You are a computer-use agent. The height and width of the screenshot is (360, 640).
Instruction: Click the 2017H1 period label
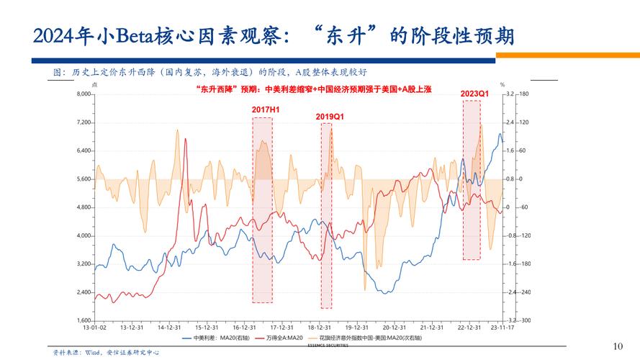[x=266, y=109]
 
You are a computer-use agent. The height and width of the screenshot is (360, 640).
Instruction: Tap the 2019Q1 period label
[x=330, y=116]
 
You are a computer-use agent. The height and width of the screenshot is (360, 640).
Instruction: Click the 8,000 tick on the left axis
[x=85, y=94]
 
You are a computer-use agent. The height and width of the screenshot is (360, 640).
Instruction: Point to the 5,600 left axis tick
[x=85, y=179]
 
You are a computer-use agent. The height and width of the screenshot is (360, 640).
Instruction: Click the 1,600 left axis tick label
[x=85, y=320]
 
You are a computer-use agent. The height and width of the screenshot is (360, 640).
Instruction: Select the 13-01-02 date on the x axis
[x=95, y=327]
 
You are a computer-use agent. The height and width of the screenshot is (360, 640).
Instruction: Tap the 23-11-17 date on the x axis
[x=501, y=327]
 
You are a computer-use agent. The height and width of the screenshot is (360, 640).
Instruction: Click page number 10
[x=616, y=346]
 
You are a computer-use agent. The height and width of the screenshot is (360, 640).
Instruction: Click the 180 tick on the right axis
[x=524, y=94]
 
